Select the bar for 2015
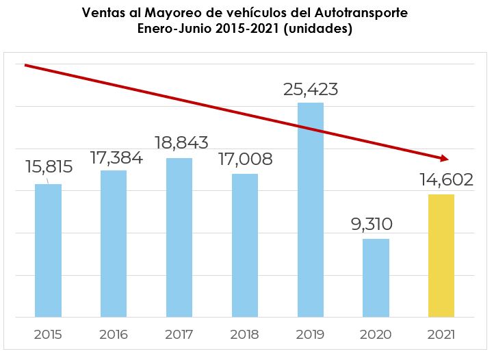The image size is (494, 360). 48,250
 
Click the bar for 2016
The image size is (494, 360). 114,244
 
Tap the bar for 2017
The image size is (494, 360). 179,237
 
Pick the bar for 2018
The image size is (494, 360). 245,245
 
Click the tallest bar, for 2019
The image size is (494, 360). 311,209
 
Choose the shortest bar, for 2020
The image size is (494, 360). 376,278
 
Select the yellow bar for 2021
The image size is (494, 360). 441,255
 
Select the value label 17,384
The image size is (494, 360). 117,158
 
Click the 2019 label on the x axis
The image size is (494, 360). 310,335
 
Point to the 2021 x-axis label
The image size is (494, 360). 441,335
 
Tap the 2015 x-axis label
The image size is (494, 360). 48,335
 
